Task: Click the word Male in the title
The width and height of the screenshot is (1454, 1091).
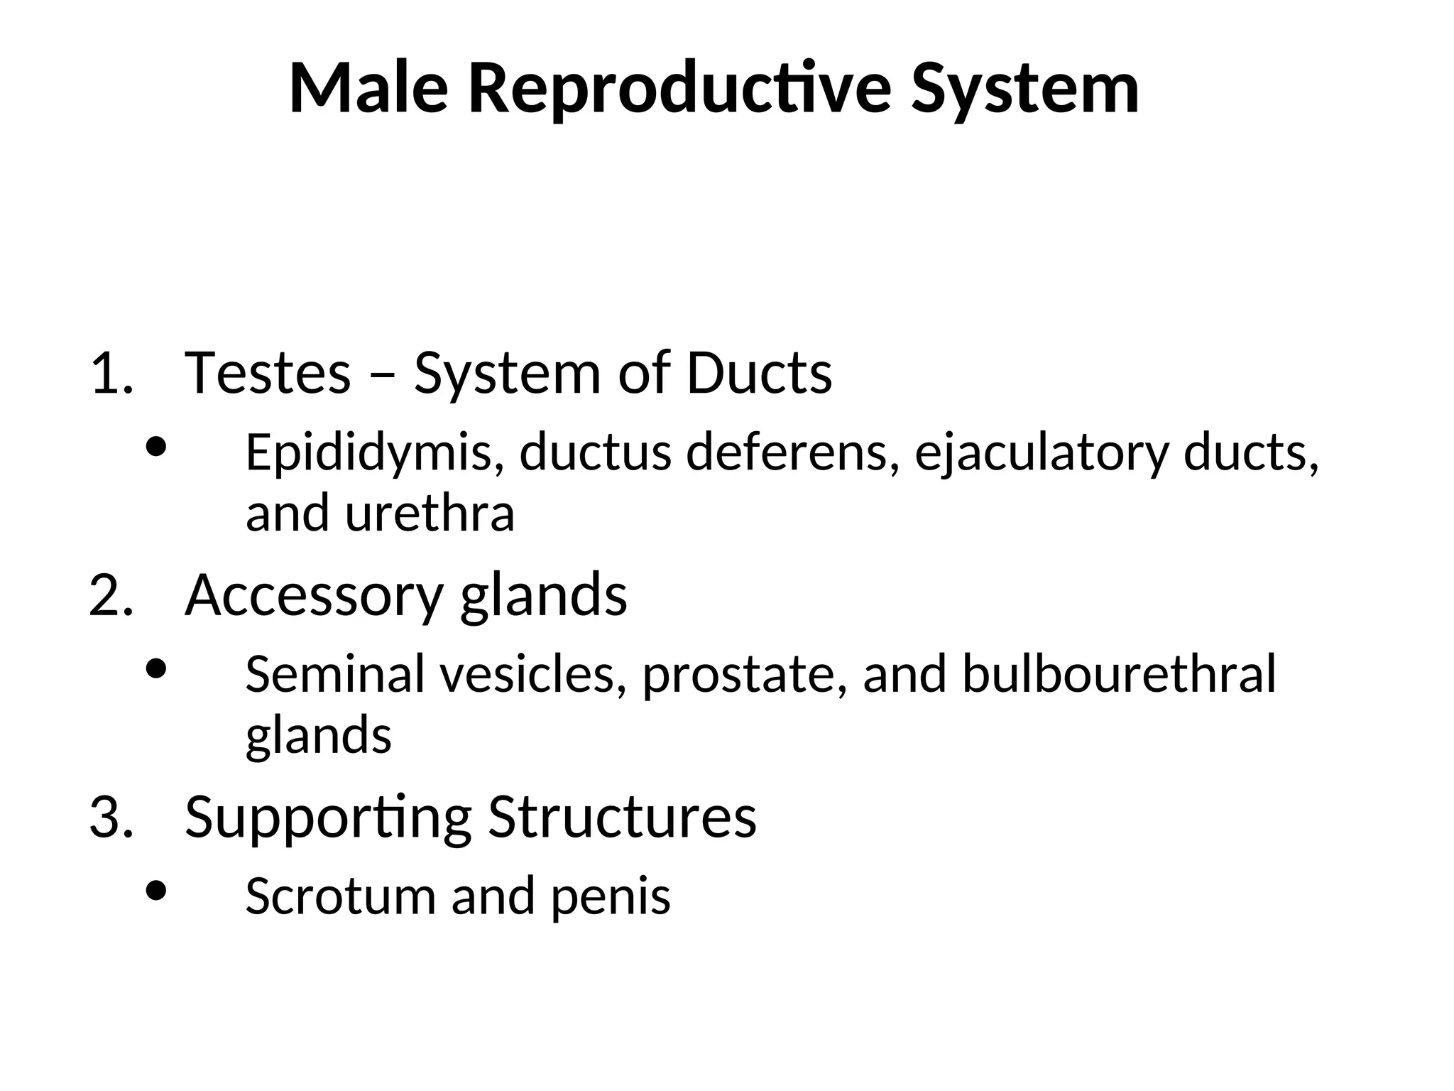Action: [x=368, y=89]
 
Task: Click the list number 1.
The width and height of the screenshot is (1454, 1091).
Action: [x=111, y=374]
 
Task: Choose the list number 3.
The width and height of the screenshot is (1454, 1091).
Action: [x=111, y=817]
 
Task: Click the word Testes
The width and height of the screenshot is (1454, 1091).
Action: [x=268, y=374]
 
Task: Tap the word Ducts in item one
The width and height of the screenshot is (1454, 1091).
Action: [x=759, y=374]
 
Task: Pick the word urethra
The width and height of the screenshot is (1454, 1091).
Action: [x=430, y=514]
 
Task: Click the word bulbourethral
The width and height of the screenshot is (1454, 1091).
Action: [x=1119, y=674]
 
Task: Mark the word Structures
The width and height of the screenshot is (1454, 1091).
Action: [x=622, y=818]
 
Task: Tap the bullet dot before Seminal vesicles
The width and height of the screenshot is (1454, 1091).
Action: [x=155, y=668]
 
